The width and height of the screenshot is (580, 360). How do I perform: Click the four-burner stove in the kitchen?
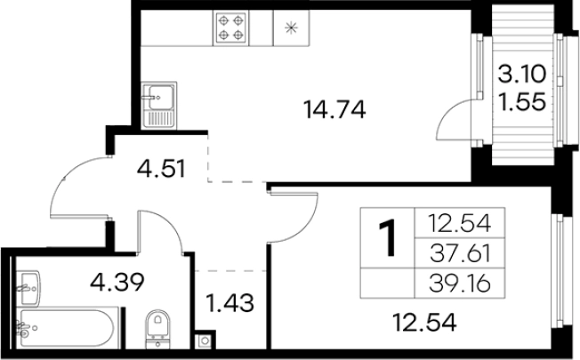coord(230,28)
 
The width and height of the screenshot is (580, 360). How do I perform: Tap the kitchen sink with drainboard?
coord(159,106)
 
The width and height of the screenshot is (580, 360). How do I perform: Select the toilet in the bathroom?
coord(158,329)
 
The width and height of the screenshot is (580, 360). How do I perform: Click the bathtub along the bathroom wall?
coord(68,328)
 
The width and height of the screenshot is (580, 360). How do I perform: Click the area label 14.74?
coord(334,110)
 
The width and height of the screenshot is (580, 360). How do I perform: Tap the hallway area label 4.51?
coord(161,169)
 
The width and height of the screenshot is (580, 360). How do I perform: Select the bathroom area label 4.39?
coord(117,282)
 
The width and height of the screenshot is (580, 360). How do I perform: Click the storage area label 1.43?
coord(230,303)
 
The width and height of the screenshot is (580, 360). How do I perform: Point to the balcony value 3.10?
coord(521,74)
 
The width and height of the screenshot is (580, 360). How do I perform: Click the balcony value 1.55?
coord(521,101)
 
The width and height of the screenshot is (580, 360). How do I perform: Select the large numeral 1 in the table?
coord(388,237)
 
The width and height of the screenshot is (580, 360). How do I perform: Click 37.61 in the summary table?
coord(460,253)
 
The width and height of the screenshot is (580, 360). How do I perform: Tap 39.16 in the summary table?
coord(460,284)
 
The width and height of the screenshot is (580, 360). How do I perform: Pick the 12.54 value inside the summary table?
coord(460,223)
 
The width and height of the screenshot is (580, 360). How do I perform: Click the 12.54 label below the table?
coord(424,322)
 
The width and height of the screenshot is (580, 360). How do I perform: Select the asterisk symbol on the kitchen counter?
coord(291,28)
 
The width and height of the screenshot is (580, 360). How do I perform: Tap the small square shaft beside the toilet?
coord(205,340)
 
